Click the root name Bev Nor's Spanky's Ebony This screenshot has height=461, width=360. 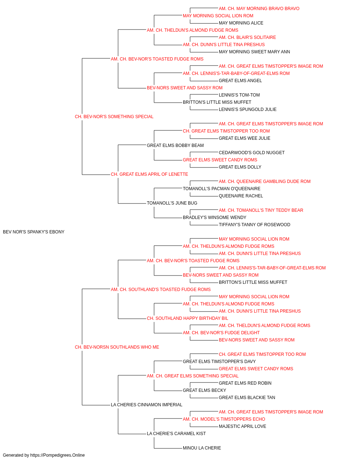pyautogui.click(x=33, y=232)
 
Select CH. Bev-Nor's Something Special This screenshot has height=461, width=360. pyautogui.click(x=114, y=117)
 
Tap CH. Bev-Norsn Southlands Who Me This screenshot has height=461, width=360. pyautogui.click(x=117, y=347)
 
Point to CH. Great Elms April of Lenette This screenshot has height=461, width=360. pyautogui.click(x=149, y=174)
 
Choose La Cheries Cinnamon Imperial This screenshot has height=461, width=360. pyautogui.click(x=147, y=405)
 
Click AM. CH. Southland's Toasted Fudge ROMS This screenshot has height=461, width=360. pyautogui.click(x=161, y=290)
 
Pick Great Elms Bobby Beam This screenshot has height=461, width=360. pyautogui.click(x=175, y=146)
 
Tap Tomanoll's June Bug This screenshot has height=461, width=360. pyautogui.click(x=172, y=203)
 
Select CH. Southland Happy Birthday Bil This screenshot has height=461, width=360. pyautogui.click(x=188, y=318)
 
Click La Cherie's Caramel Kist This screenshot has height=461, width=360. pyautogui.click(x=176, y=434)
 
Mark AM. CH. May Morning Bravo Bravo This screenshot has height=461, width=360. pyautogui.click(x=259, y=9)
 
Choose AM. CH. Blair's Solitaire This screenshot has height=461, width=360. pyautogui.click(x=247, y=37)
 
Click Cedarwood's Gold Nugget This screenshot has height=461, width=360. pyautogui.click(x=252, y=153)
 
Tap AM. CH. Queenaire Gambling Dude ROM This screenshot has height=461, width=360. pyautogui.click(x=265, y=182)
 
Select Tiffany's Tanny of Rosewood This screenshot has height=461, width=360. pyautogui.click(x=255, y=225)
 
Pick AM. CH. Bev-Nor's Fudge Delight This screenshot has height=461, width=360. pyautogui.click(x=221, y=333)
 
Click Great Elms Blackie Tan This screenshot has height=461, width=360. pyautogui.click(x=247, y=398)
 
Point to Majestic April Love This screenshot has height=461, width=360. pyautogui.click(x=242, y=426)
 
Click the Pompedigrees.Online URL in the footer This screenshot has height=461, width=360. pyautogui.click(x=58, y=455)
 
